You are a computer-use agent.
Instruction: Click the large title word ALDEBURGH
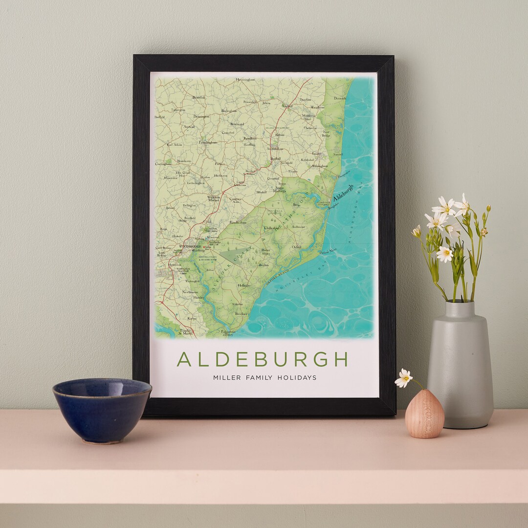point(262,359)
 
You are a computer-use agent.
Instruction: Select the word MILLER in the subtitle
point(227,377)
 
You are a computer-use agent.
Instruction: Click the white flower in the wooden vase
point(404,377)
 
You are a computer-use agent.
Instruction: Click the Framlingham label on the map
point(207,142)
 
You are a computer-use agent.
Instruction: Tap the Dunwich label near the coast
point(339,98)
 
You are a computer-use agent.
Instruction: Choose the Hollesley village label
point(243,285)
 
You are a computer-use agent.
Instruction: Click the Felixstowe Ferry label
point(228,333)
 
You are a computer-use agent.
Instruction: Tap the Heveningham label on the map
point(245,80)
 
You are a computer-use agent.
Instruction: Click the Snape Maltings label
point(279,189)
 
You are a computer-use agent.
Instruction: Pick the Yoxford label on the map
point(287,106)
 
